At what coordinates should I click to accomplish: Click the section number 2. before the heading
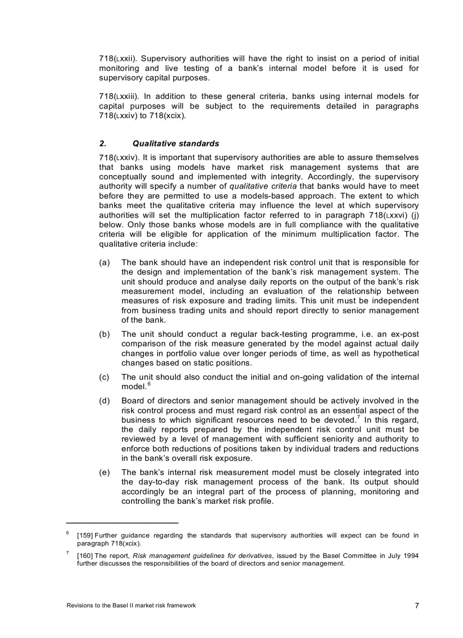pos(102,144)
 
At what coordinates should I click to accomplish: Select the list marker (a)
pos(104,262)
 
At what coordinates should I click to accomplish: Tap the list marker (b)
pos(104,335)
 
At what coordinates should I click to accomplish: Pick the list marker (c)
pos(104,377)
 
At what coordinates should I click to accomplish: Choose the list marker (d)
pos(104,401)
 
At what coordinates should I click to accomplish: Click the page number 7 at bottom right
pos(416,606)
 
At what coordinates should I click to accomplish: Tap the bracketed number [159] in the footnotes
pos(85,535)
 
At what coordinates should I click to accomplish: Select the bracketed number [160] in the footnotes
pos(85,556)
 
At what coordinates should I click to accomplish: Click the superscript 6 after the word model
pos(149,384)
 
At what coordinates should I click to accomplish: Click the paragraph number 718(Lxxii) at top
pos(118,59)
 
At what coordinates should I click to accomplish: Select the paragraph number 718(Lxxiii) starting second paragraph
pos(119,97)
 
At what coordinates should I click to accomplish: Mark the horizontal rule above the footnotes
pos(122,522)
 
